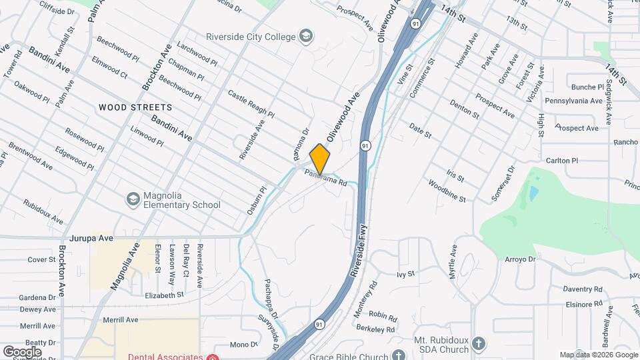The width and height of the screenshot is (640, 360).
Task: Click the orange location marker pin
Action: tap(320, 158)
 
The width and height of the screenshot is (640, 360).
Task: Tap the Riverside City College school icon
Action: tap(306, 36)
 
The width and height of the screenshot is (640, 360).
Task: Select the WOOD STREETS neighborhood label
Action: tap(135, 107)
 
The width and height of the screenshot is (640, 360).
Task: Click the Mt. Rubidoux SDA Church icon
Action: tap(478, 344)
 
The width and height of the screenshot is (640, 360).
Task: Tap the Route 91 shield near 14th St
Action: tap(416, 23)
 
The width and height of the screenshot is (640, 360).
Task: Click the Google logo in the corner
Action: tap(22, 351)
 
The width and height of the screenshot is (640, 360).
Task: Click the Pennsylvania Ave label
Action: tap(574, 101)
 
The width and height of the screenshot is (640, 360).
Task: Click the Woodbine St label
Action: tap(447, 191)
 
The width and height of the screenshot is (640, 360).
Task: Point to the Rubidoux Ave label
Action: tap(43, 211)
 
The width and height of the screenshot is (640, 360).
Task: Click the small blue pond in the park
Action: tap(534, 193)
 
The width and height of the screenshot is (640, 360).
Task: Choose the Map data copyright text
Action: tap(599, 355)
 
